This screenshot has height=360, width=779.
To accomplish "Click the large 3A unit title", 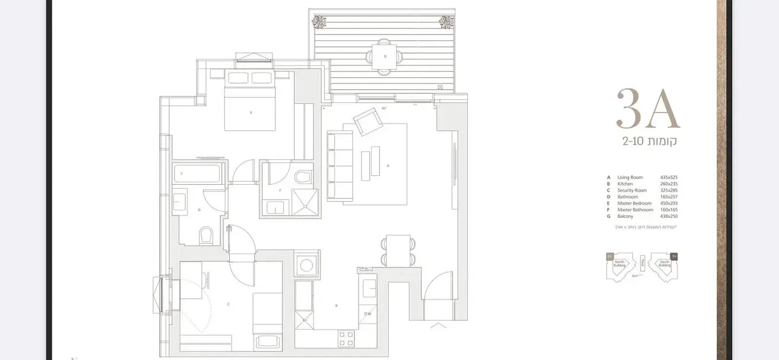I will [648, 109].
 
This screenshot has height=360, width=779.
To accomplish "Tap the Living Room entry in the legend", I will [630, 178].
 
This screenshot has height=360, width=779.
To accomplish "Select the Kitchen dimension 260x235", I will [669, 184].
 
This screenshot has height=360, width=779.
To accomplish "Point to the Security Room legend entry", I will [632, 191].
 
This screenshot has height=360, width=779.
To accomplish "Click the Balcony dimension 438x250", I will [669, 216].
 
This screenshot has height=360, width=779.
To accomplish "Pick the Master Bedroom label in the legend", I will [634, 203].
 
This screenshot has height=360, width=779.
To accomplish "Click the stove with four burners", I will [346, 339].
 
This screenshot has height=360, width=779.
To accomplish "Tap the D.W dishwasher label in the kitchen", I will [368, 314].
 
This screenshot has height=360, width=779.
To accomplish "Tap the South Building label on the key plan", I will [664, 264].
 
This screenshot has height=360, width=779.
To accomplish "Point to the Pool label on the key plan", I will [642, 262].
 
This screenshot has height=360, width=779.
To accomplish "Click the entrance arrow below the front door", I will [439, 325].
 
